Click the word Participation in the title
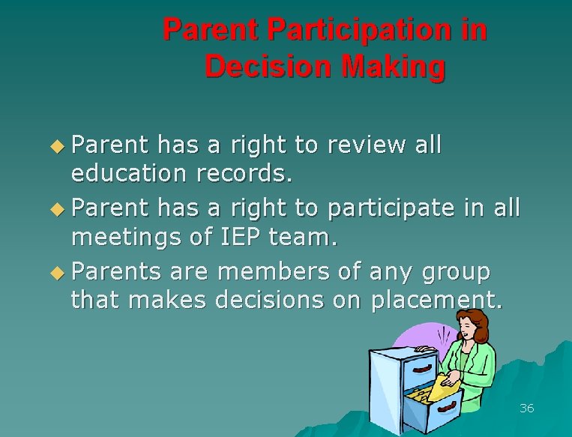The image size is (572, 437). coord(367,30)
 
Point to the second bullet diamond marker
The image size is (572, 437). coord(61,208)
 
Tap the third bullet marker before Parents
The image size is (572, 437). coord(61,271)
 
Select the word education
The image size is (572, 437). coord(130,175)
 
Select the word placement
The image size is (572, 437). coord(448,301)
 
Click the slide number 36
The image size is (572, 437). coord(526,409)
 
